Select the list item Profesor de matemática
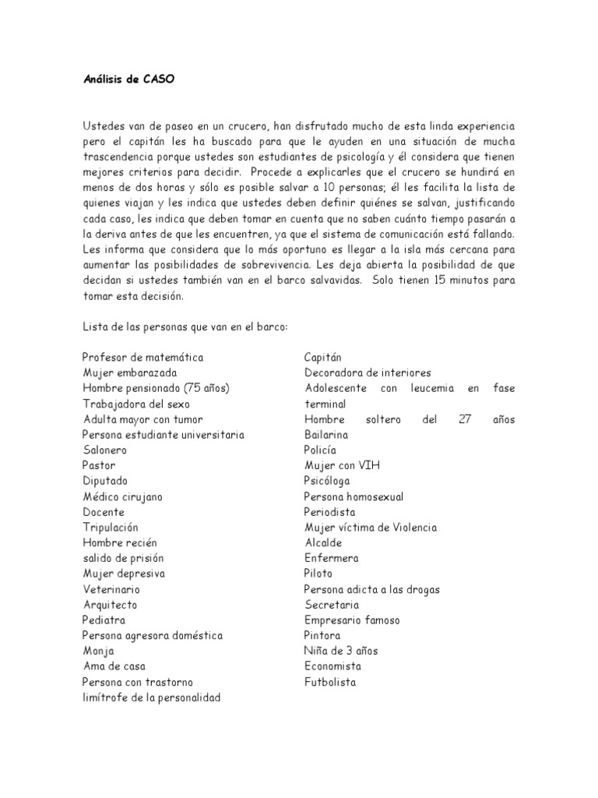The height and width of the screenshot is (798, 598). (x=142, y=357)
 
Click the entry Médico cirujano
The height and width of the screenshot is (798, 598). (x=122, y=496)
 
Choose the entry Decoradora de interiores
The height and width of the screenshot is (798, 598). (x=368, y=373)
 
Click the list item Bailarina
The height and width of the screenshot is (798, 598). (x=326, y=434)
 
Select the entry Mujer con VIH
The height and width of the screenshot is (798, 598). (x=342, y=465)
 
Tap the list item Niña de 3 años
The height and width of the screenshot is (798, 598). (x=341, y=651)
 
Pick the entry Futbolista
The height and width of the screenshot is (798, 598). (x=330, y=682)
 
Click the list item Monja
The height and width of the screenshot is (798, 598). (x=98, y=651)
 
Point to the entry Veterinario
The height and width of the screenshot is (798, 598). (x=111, y=589)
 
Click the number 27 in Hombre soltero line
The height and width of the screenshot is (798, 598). (x=465, y=419)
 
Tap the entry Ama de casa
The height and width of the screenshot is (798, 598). (x=114, y=666)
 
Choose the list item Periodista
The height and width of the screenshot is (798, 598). (x=329, y=512)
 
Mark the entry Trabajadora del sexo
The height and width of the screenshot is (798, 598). (x=135, y=404)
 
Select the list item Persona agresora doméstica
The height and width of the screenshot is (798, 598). (x=152, y=635)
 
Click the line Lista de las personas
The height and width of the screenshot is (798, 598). (x=185, y=327)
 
